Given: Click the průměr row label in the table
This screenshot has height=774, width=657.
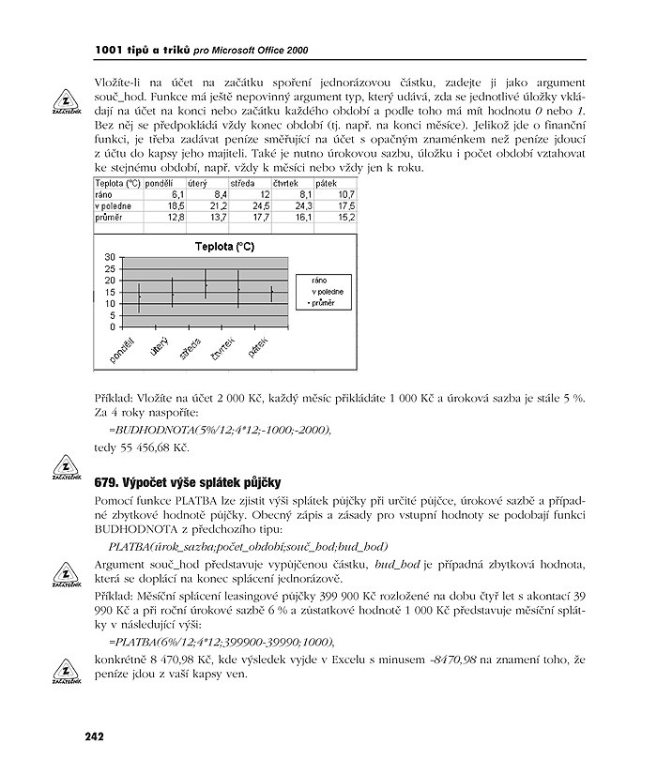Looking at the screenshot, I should click(110, 216).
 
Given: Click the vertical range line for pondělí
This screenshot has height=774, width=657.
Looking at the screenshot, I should click(140, 296).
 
